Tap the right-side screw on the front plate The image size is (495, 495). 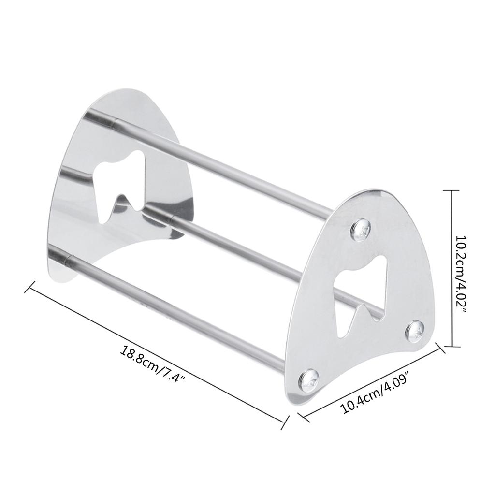pos(414,330)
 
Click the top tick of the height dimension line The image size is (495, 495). pos(451,191)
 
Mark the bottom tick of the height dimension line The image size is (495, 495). pos(451,346)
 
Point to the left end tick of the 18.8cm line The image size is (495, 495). pos(30,286)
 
